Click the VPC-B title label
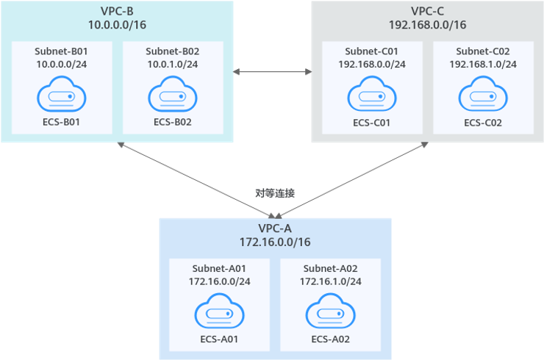coord(118,11)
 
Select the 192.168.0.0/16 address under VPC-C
coord(427,24)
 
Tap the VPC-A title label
coord(276,227)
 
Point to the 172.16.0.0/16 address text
coord(276,241)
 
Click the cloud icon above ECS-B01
coord(62,96)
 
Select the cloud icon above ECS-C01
coord(371,96)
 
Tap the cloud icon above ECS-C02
coord(483,96)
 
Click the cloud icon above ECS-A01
coord(219,314)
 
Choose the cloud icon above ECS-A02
coord(330,314)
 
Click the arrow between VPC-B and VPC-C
coord(272,72)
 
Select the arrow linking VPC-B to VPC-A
coord(196,180)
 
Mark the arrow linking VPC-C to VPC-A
coord(351,180)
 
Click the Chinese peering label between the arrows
coord(274,193)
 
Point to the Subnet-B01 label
coord(62,51)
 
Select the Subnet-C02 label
coord(483,51)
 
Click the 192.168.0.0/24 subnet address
coord(371,64)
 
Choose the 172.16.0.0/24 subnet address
coord(219,281)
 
